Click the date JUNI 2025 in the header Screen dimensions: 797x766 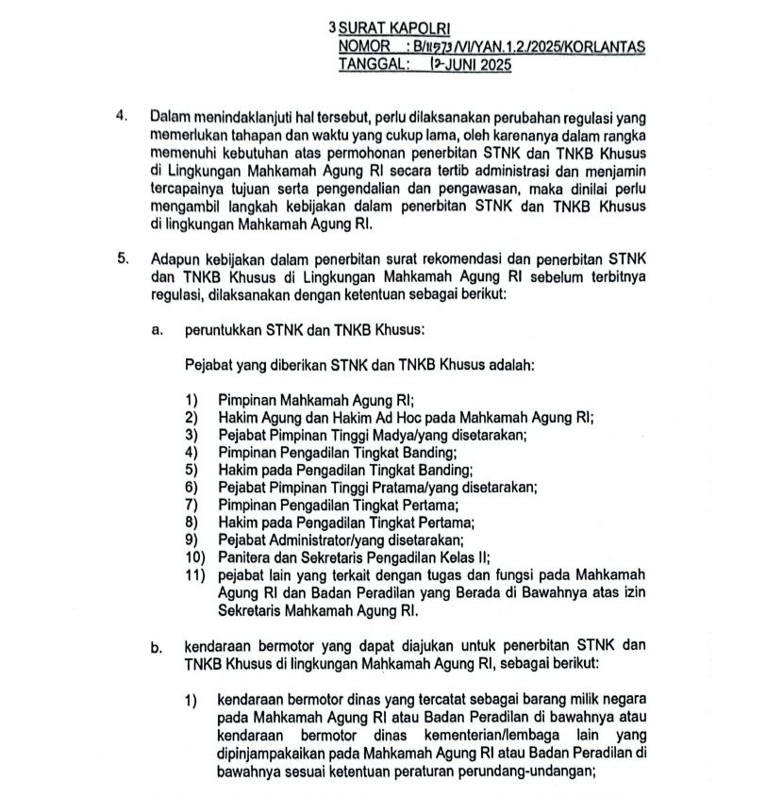tap(476, 65)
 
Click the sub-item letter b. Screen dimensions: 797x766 tap(156, 646)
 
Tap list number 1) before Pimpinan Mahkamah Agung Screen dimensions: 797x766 tap(193, 399)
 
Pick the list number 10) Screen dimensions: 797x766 tap(196, 556)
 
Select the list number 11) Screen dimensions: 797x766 tap(196, 574)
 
